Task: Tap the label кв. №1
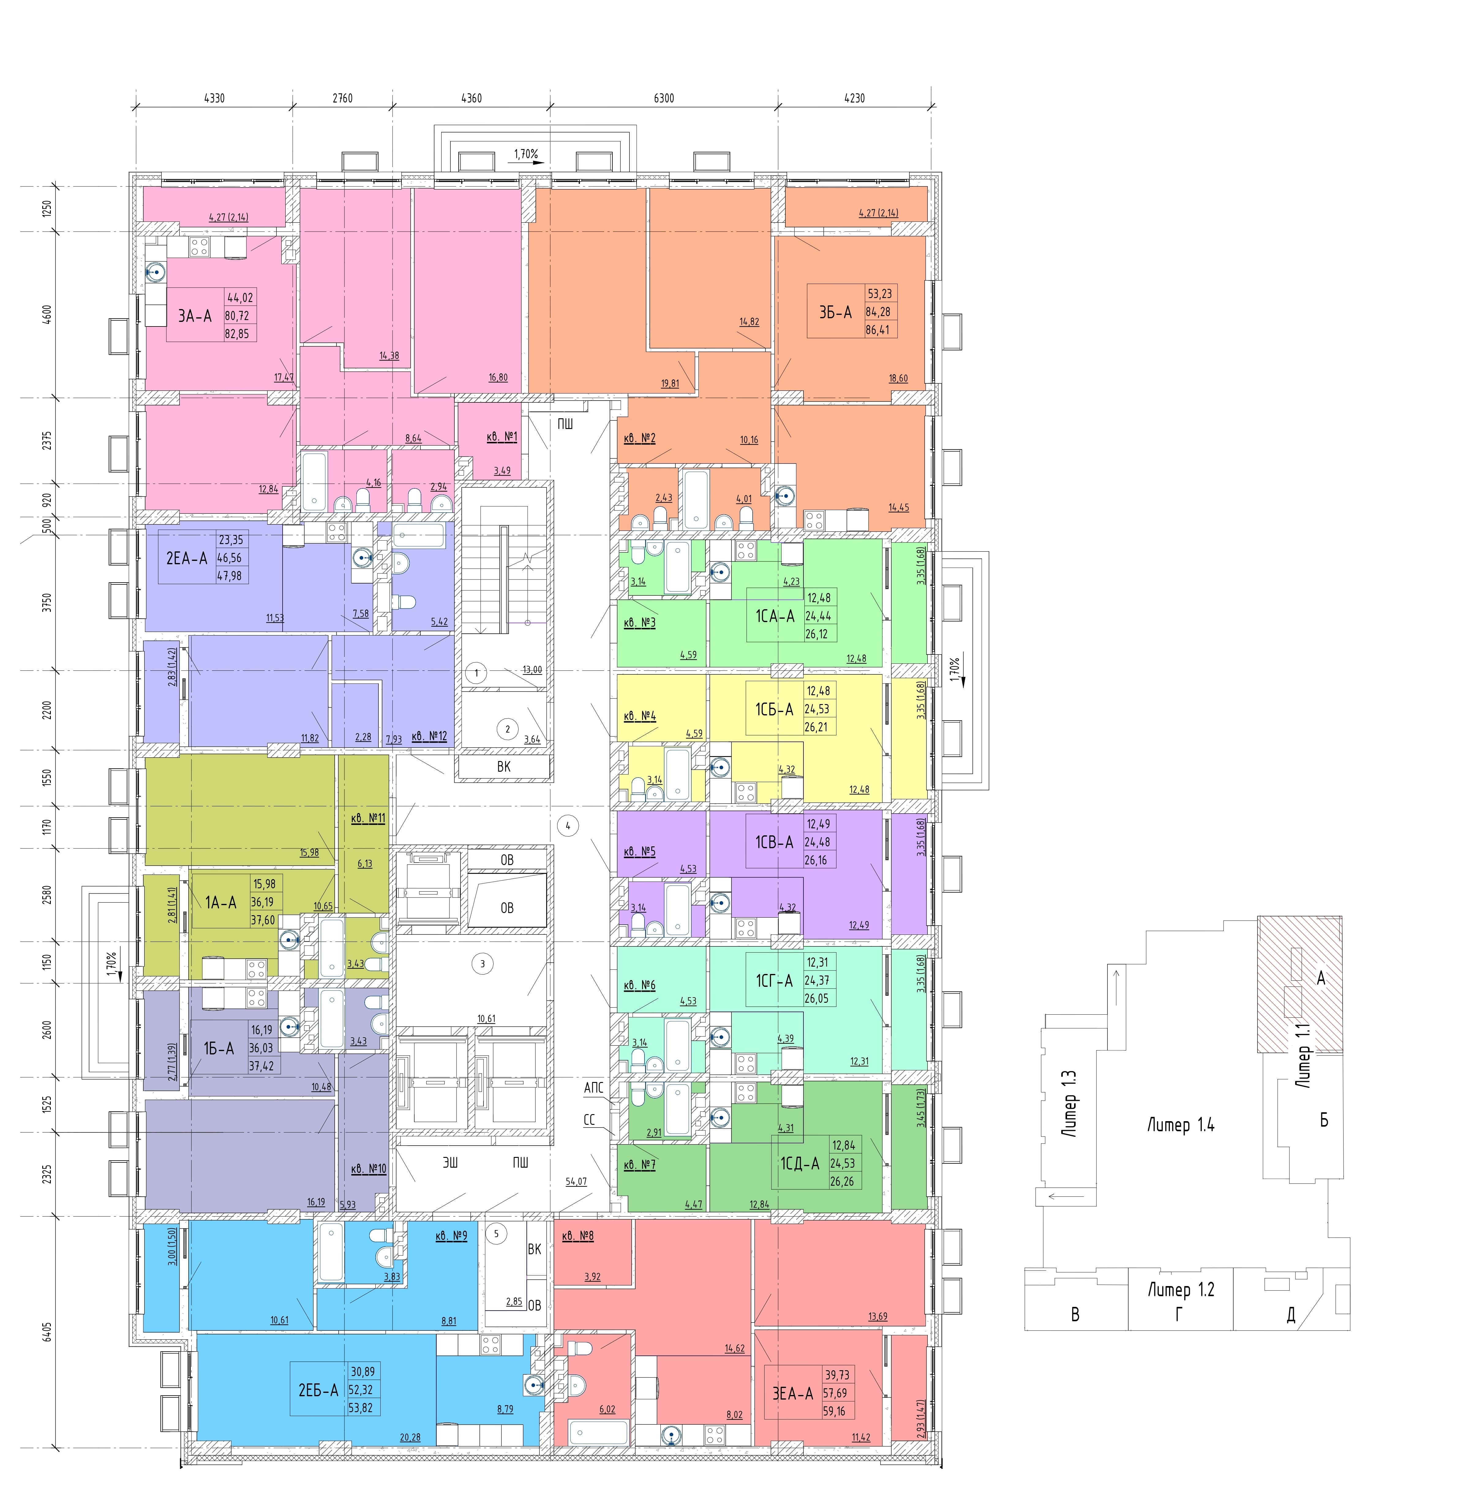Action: pyautogui.click(x=502, y=437)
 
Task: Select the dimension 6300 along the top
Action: pyautogui.click(x=664, y=99)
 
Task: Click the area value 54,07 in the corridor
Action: pyautogui.click(x=576, y=1181)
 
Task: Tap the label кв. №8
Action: pyautogui.click(x=578, y=1236)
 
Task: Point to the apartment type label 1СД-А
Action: pyautogui.click(x=800, y=1163)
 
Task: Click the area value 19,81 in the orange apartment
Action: pyautogui.click(x=670, y=383)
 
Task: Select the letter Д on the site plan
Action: pyautogui.click(x=1291, y=1316)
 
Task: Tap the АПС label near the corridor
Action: pyautogui.click(x=594, y=1087)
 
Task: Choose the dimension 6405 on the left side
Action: pyautogui.click(x=48, y=1331)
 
